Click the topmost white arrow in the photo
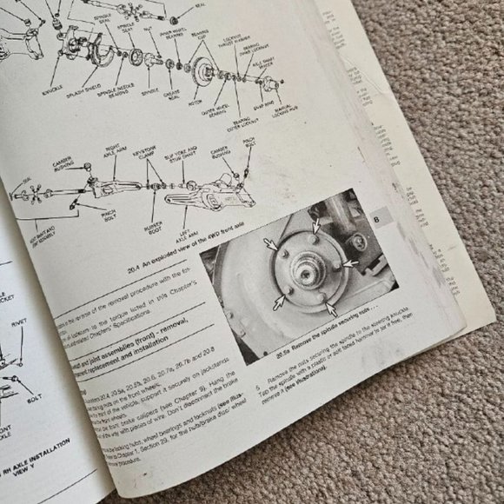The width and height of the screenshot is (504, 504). pyautogui.click(x=316, y=223)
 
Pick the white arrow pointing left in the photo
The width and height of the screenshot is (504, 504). pyautogui.click(x=348, y=262)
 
